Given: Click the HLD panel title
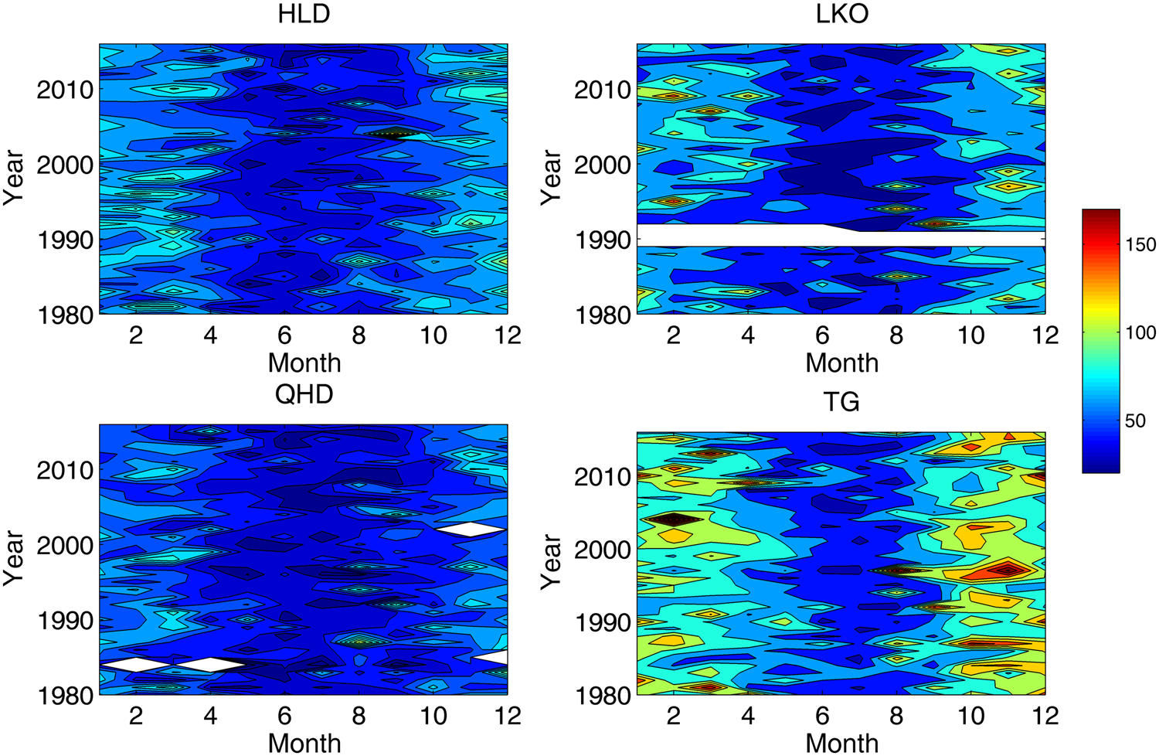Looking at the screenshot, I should click(304, 15).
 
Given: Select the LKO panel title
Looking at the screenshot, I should click(841, 15).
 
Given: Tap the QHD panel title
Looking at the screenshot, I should click(304, 394).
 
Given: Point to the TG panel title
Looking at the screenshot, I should click(841, 402).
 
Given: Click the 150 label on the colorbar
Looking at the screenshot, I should click(1140, 245).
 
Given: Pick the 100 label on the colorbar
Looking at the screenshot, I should click(1140, 333).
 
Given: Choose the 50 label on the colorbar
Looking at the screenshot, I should click(1135, 421).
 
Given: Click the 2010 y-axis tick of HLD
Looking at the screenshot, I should click(65, 90).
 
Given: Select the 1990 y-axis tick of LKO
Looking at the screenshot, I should click(603, 240).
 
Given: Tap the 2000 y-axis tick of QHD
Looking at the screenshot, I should click(65, 546).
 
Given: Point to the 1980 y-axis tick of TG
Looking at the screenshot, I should click(603, 696).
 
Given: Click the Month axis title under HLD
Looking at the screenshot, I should click(304, 363).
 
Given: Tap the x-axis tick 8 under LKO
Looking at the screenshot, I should click(896, 335).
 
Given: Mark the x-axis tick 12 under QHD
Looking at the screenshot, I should click(508, 716).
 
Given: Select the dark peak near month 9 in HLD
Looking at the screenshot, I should click(394, 133).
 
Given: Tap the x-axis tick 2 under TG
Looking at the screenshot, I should click(674, 716).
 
